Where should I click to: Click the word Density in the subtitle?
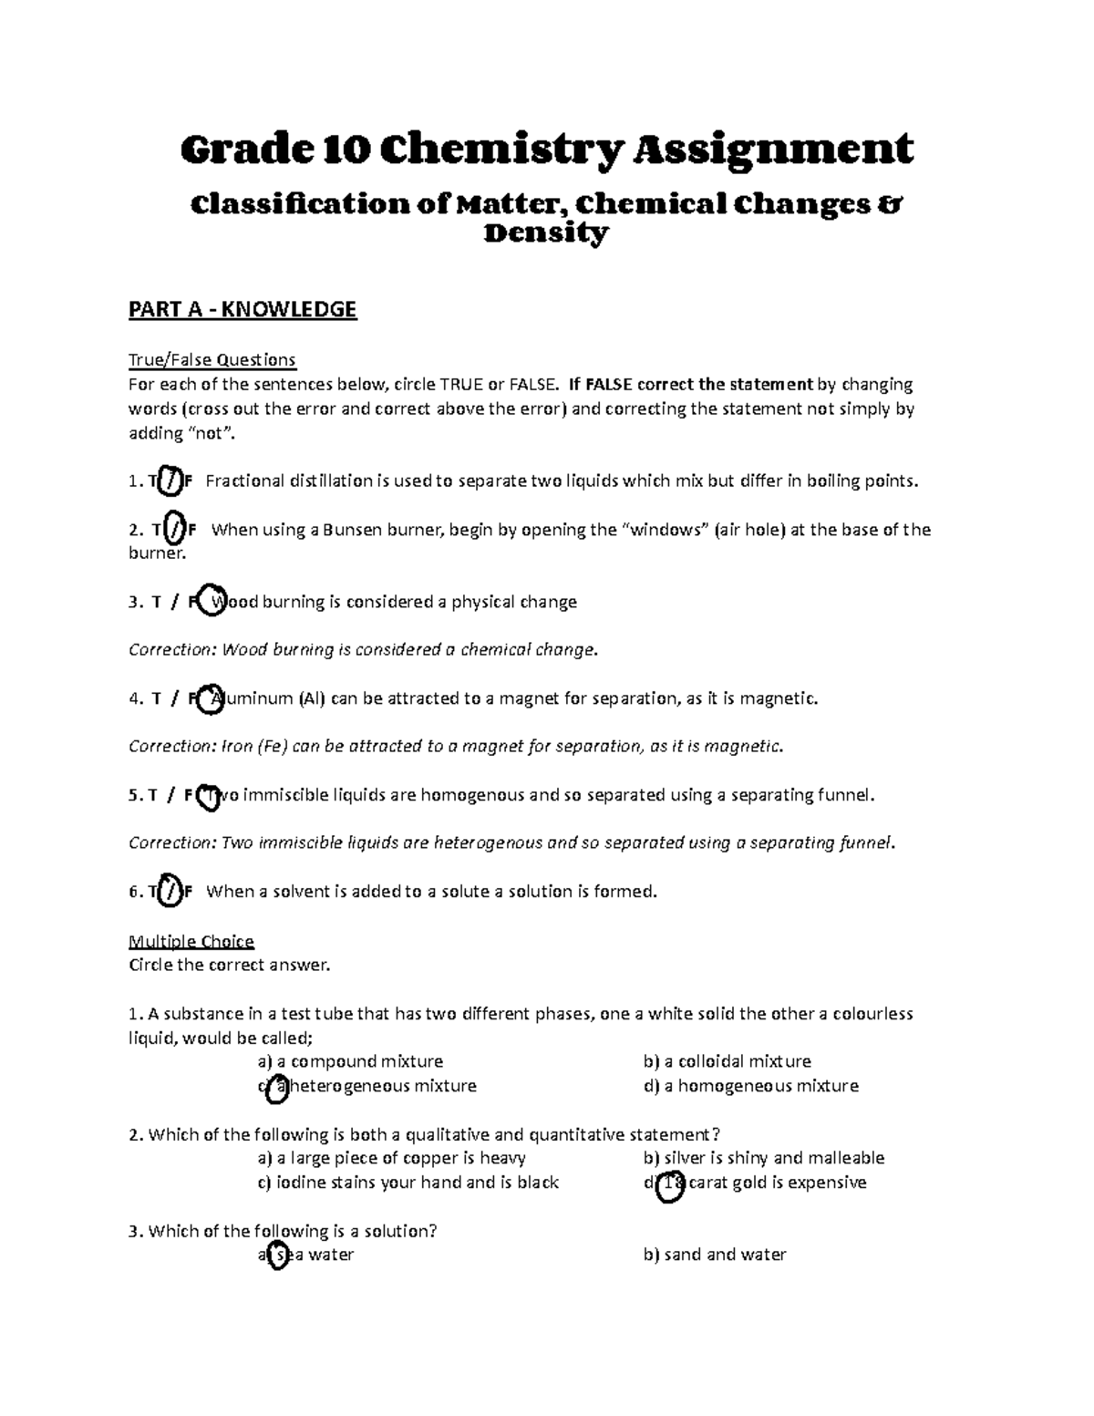(x=545, y=234)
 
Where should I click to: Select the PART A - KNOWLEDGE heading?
(x=243, y=310)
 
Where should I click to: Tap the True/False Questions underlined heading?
(x=212, y=359)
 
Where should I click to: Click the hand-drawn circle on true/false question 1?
(x=169, y=481)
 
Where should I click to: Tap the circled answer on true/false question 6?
(x=169, y=892)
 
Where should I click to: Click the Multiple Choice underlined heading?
(x=191, y=941)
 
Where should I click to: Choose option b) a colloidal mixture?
(x=727, y=1061)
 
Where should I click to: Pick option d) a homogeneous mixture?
(x=750, y=1086)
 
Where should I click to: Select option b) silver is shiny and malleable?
(x=763, y=1158)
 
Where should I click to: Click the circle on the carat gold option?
(x=669, y=1183)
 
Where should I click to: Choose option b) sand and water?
(x=714, y=1255)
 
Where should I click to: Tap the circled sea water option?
(x=277, y=1256)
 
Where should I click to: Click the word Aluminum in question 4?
(x=247, y=698)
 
